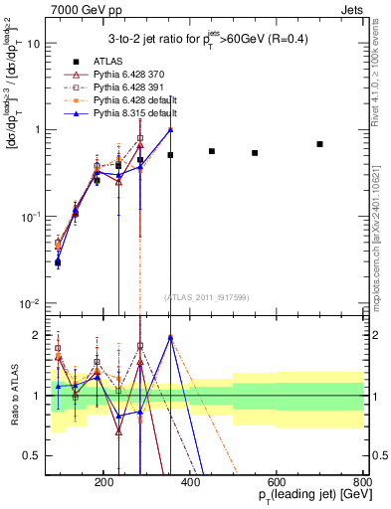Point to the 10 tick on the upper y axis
click(x=34, y=44)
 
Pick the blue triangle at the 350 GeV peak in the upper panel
click(x=170, y=129)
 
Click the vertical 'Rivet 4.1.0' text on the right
click(x=381, y=60)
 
